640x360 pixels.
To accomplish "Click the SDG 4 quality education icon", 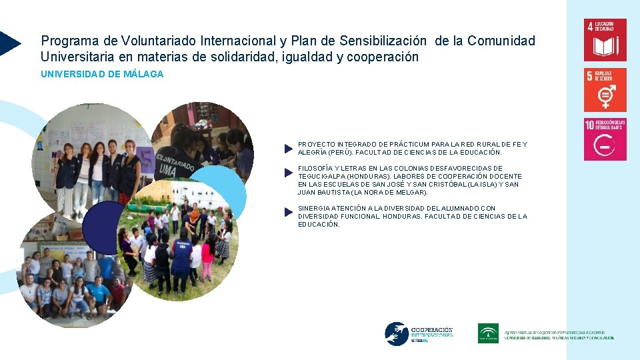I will [x=605, y=40].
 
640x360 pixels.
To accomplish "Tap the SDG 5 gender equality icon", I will [x=605, y=90].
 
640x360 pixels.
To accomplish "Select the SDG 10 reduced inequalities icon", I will [x=605, y=139].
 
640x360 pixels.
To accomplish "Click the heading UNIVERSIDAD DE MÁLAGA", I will [x=102, y=74].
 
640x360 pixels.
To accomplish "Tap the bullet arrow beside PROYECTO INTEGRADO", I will [x=288, y=148].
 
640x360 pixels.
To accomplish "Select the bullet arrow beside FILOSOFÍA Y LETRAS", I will [x=288, y=172].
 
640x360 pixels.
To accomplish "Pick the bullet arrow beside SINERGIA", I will [x=288, y=212].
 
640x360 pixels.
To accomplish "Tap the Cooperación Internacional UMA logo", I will [x=419, y=333].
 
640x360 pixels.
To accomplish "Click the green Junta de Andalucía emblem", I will [x=488, y=333].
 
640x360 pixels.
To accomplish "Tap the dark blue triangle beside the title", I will [x=9, y=43].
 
